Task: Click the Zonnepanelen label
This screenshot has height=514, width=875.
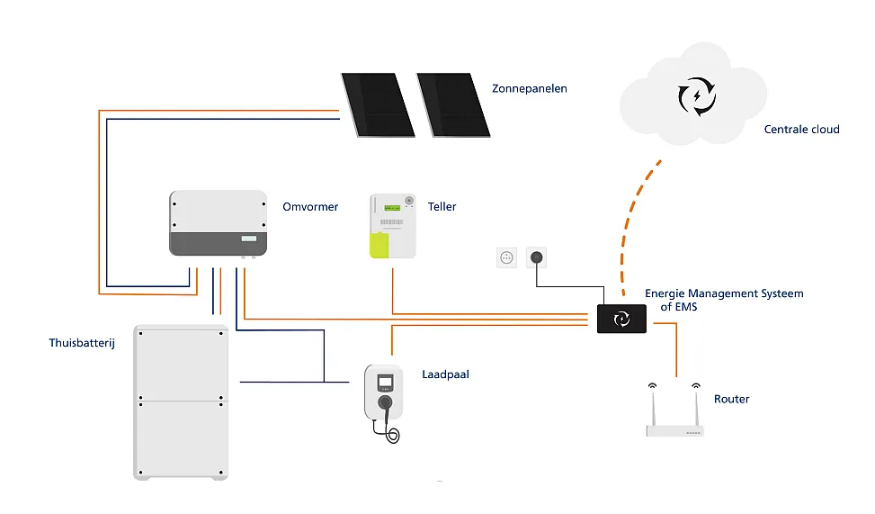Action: click(529, 89)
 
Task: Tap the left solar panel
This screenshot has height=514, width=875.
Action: click(377, 104)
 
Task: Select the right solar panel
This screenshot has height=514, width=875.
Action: click(453, 104)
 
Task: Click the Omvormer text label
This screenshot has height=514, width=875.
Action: click(310, 207)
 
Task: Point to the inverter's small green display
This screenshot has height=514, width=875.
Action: click(248, 239)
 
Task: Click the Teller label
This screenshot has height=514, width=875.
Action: click(442, 207)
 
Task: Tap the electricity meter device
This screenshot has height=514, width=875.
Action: click(393, 226)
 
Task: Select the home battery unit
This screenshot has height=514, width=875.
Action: click(180, 401)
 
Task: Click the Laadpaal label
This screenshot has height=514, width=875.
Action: click(445, 374)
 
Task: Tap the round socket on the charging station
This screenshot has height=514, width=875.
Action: click(384, 401)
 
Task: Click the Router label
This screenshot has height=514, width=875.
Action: click(731, 399)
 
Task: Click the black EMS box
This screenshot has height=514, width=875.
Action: click(621, 319)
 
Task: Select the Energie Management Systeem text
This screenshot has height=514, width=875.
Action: click(723, 294)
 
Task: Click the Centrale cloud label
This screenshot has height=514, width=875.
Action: click(801, 130)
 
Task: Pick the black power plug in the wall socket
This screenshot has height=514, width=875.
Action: click(536, 257)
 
